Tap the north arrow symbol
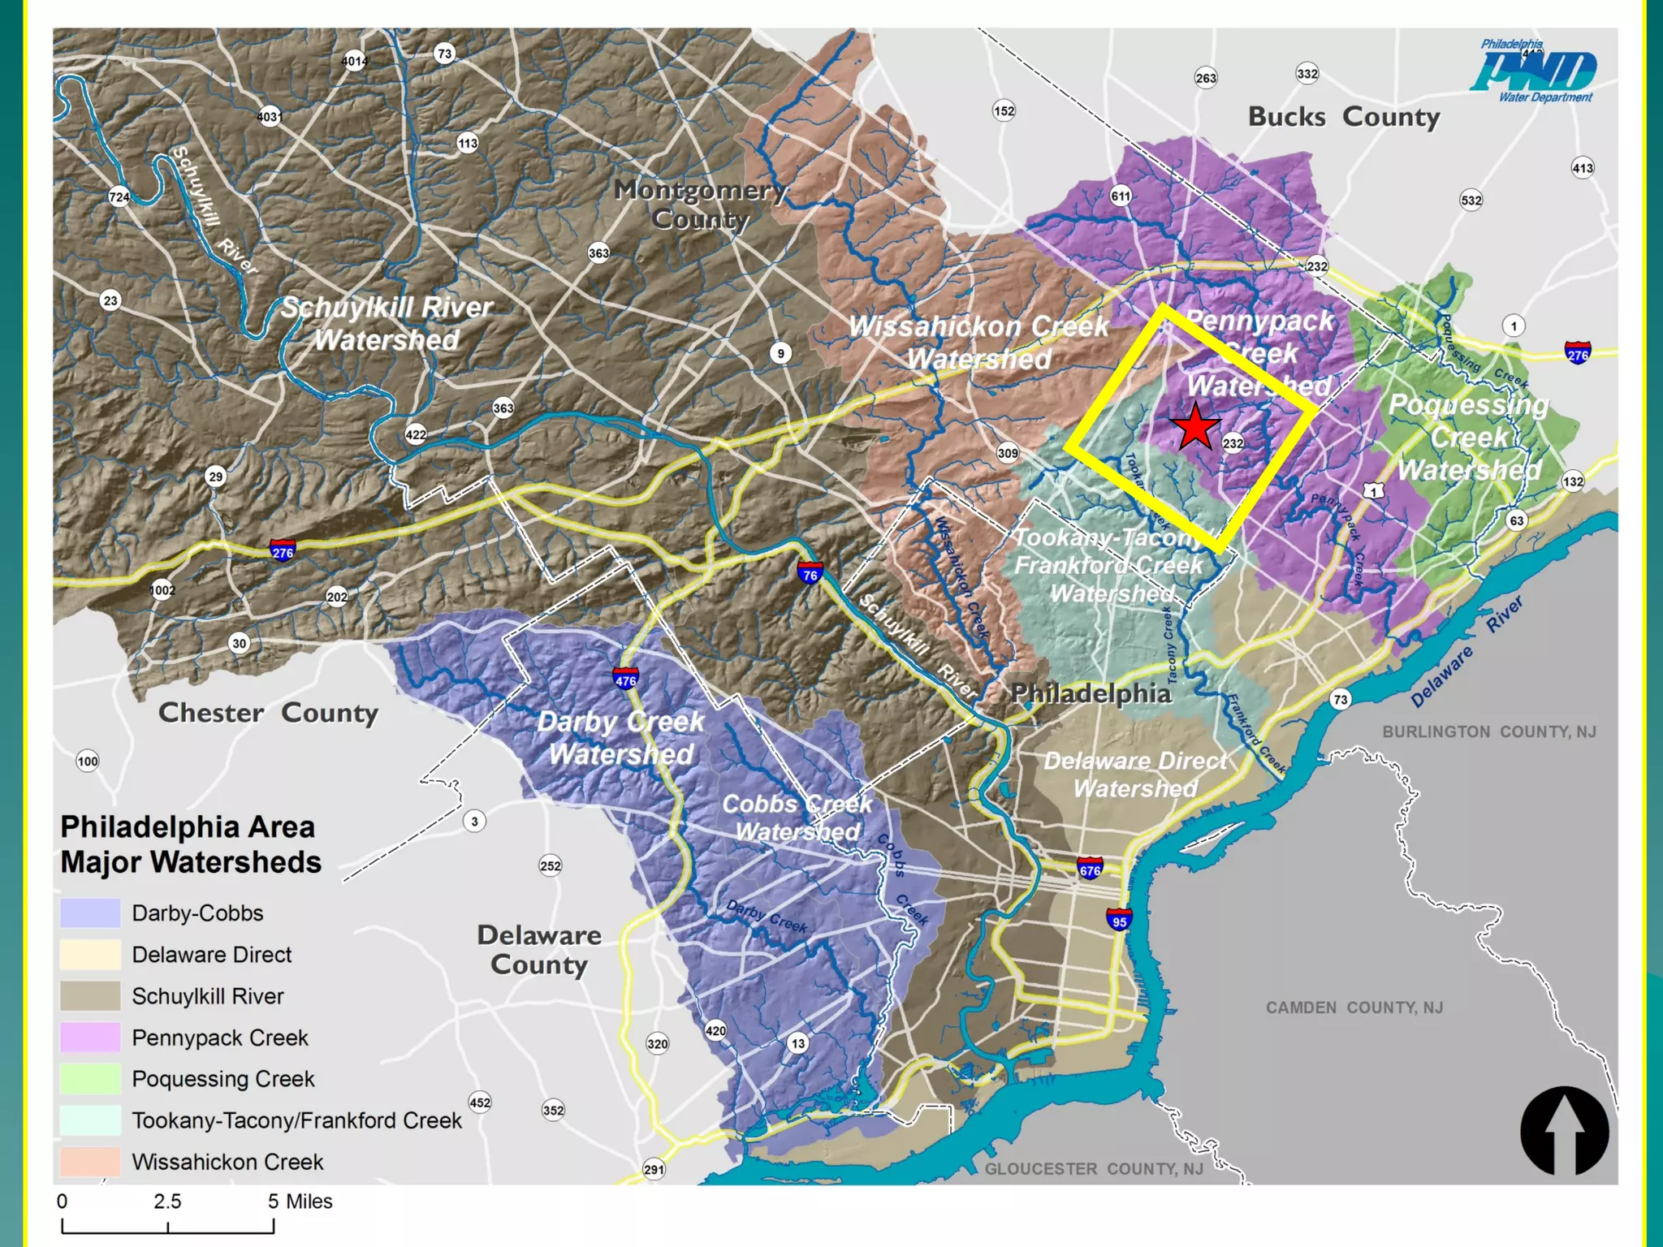pos(1564,1130)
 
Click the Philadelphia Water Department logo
pos(1533,71)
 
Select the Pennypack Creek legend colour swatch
pos(90,1038)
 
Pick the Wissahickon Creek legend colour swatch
pos(90,1162)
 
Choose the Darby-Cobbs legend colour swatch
pos(90,913)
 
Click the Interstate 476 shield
pos(625,678)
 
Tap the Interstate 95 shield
pos(1119,920)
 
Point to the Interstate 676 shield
pos(1090,869)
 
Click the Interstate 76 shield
pos(810,573)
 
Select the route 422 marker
pos(416,434)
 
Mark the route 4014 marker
pos(354,61)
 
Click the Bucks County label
pos(1344,117)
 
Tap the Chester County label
pos(268,713)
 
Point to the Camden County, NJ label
pos(1354,1008)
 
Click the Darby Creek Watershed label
pos(620,737)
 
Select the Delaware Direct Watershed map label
pos(1135,775)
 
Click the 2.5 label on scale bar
pos(167,1202)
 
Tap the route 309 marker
pos(1008,453)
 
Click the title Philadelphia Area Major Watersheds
pos(190,844)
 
